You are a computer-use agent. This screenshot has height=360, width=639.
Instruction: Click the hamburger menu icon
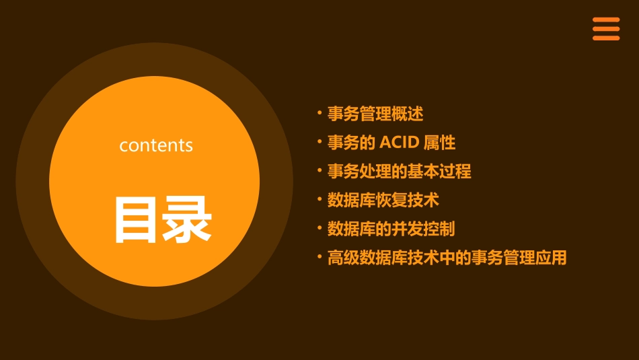tap(606, 29)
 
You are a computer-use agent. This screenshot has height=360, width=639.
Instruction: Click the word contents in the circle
tap(156, 145)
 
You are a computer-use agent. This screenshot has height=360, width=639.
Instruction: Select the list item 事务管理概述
tap(375, 114)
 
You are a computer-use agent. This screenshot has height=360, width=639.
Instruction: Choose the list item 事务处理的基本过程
tap(400, 172)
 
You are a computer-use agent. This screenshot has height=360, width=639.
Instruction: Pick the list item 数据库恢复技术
tap(383, 200)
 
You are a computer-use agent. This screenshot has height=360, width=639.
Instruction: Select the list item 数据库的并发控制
tap(391, 229)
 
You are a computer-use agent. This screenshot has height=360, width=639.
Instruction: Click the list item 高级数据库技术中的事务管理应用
tap(447, 258)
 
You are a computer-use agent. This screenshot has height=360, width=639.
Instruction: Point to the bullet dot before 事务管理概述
tap(319, 112)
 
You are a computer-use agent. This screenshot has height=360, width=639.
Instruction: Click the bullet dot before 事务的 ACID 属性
tap(319, 141)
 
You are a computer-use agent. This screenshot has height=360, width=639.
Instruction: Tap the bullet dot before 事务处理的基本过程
tap(319, 170)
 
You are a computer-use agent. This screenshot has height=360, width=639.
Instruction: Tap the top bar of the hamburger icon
tap(606, 20)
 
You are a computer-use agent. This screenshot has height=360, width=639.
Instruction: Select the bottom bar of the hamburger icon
tap(606, 38)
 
